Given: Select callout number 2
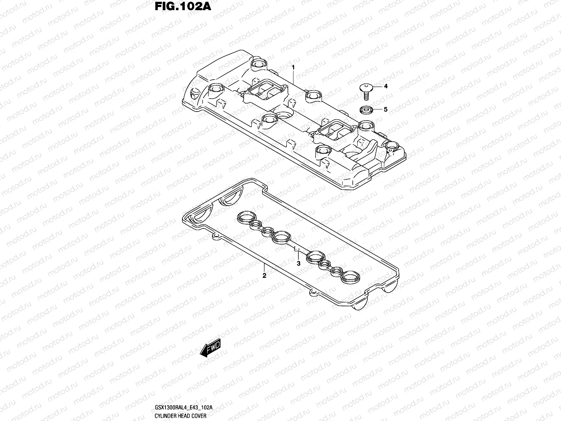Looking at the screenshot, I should pos(264,276).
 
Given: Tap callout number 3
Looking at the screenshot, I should pos(298,263).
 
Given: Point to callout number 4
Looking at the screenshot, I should pos(385,86).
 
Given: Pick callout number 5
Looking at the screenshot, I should pos(385,109).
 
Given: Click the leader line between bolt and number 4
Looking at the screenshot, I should pos(377,86).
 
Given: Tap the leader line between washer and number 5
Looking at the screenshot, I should pos(376,109).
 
